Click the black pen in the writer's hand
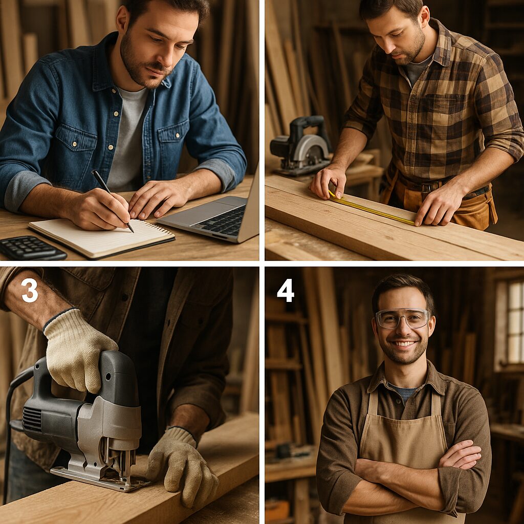coord(112,201)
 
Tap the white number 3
coord(30,291)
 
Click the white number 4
coord(286,291)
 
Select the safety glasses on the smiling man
coord(402,318)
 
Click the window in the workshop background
coord(509,322)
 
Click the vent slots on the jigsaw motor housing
coord(33,419)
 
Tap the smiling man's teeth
coord(404,343)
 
